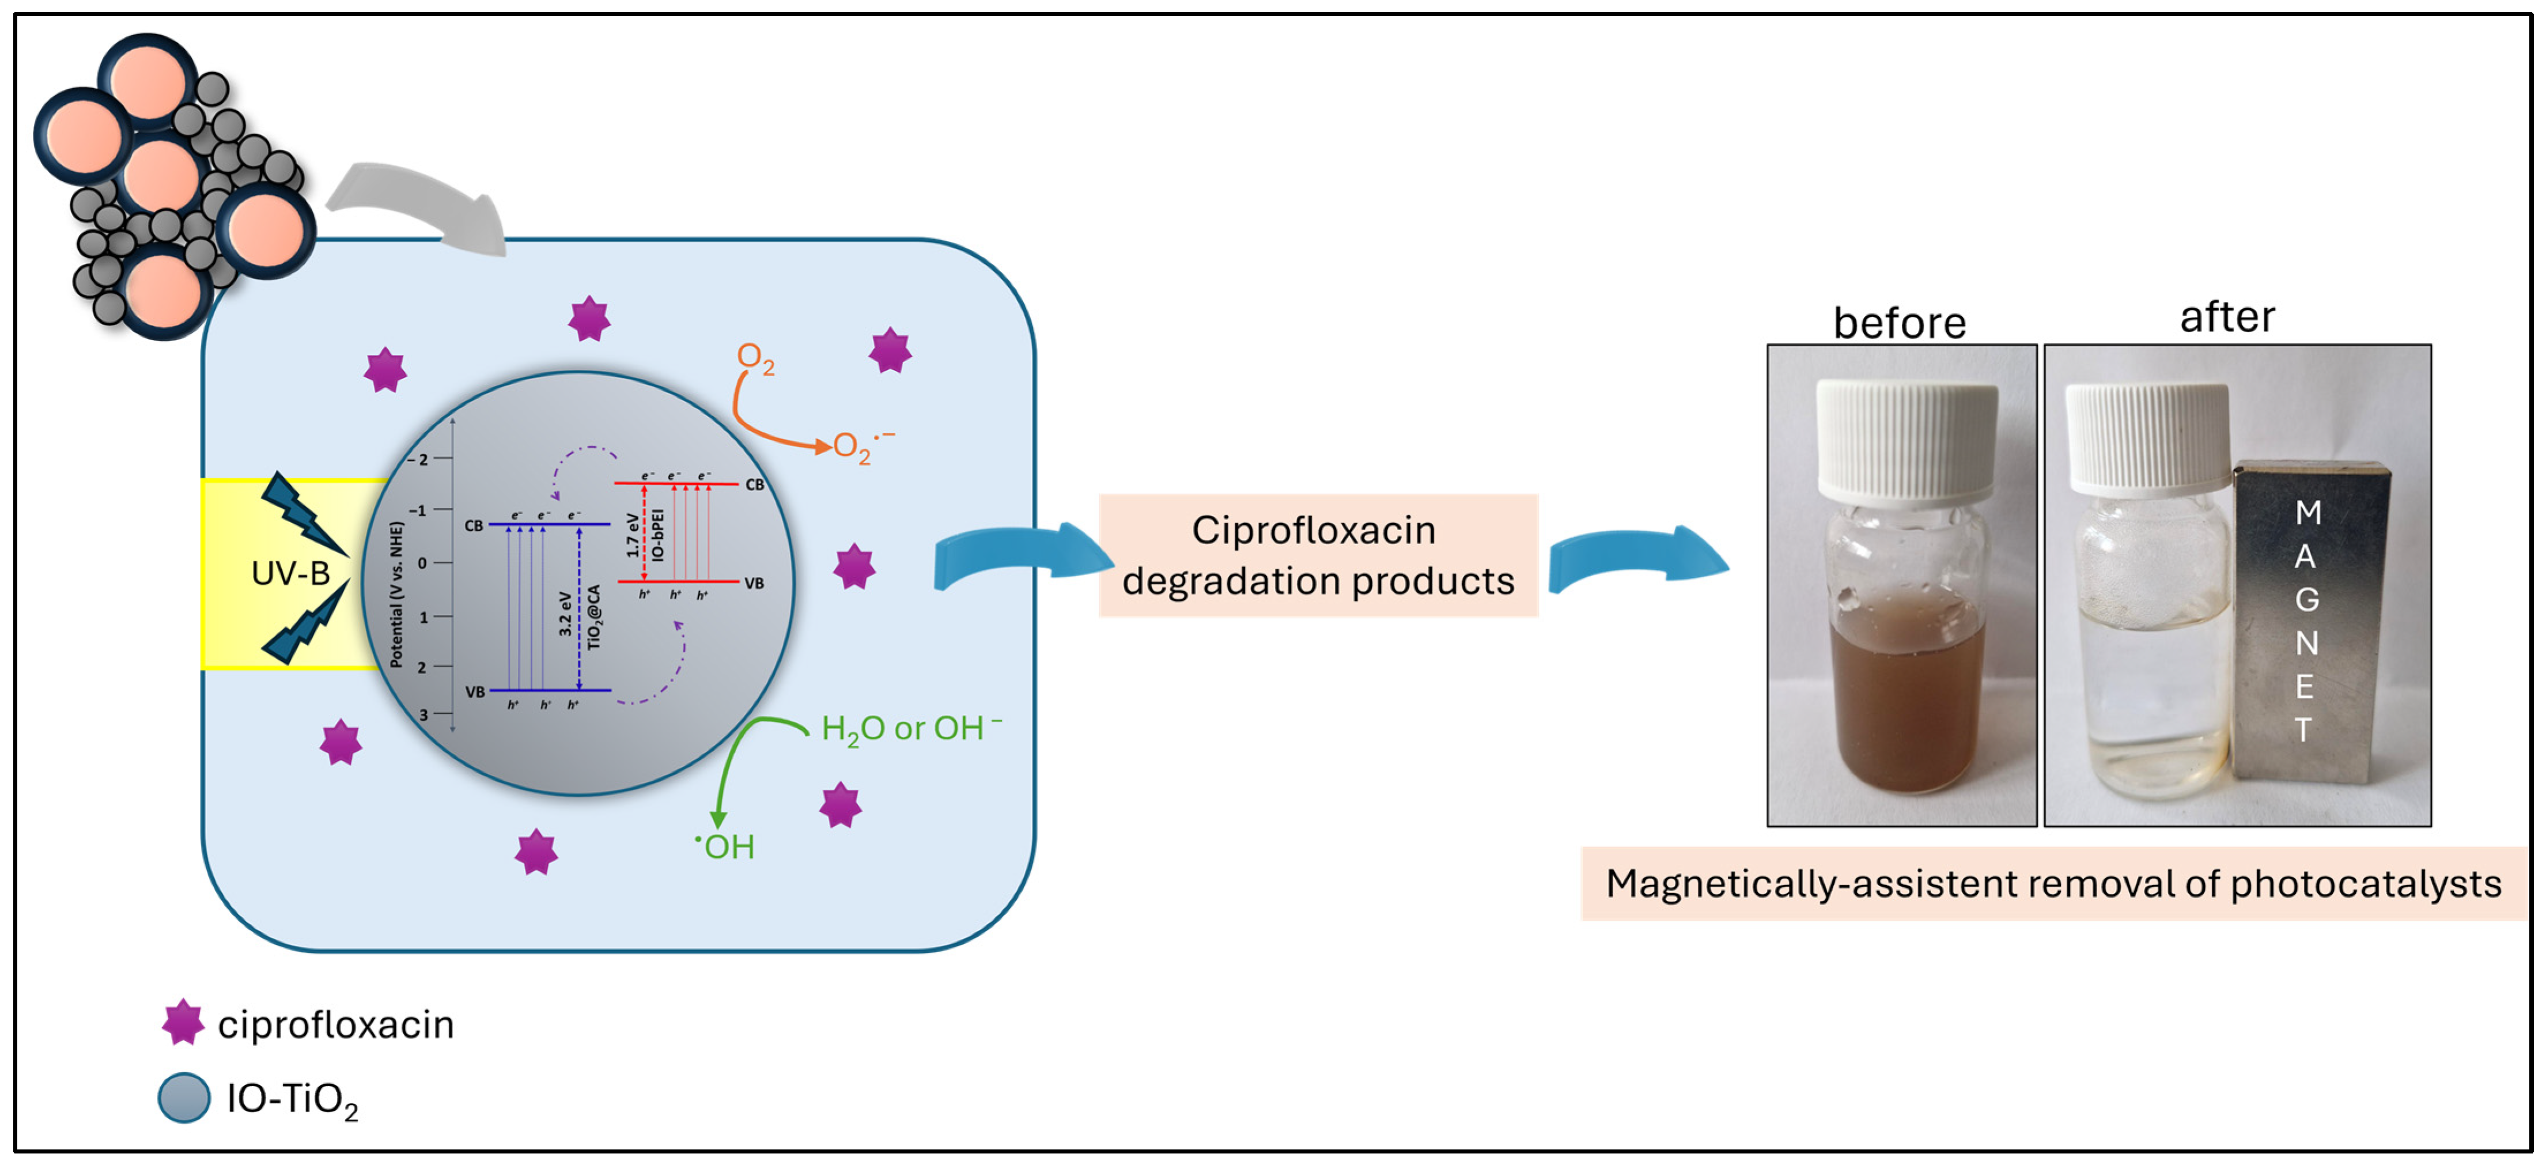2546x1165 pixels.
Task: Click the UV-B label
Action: click(x=290, y=573)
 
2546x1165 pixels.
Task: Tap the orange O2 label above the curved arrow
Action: click(x=754, y=358)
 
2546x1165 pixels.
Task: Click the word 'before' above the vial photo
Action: click(x=1898, y=323)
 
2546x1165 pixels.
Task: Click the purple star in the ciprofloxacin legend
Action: click(x=183, y=1023)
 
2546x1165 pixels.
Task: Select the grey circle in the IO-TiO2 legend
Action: click(x=184, y=1098)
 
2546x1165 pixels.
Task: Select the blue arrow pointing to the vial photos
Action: click(x=1636, y=558)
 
